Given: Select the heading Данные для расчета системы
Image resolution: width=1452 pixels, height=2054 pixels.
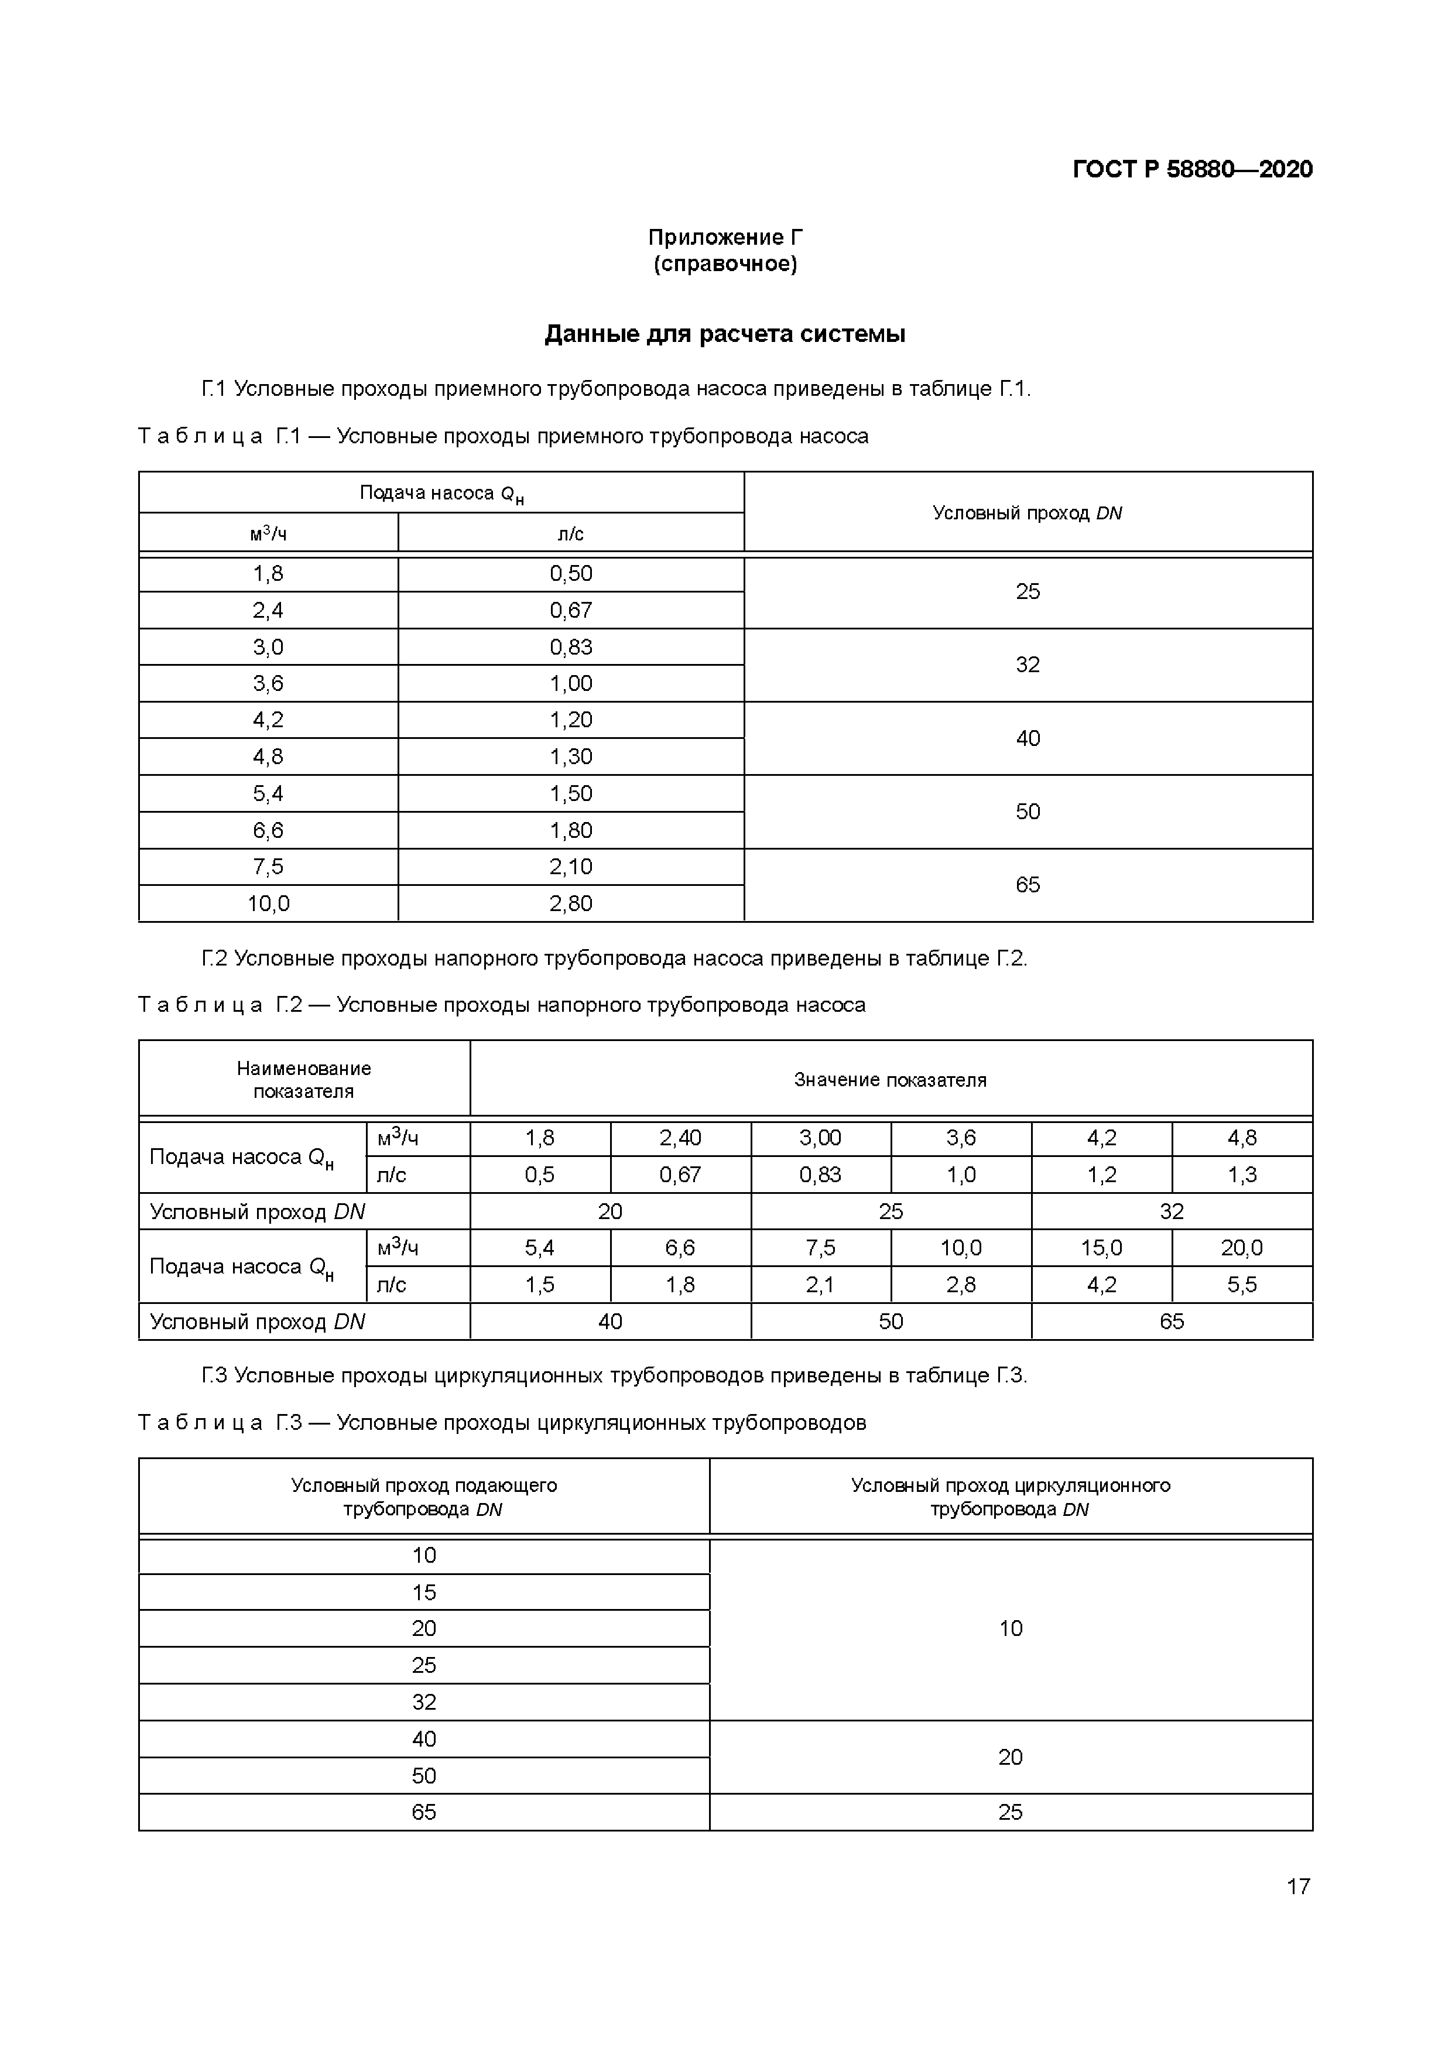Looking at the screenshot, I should [725, 334].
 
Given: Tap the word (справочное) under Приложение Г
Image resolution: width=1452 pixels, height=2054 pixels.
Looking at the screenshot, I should [725, 264].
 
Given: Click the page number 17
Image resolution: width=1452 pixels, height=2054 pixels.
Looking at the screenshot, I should [1297, 1887].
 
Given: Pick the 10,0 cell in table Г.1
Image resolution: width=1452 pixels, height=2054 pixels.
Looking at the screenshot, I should [268, 903].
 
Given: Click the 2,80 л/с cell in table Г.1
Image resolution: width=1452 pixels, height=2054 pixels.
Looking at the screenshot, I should [571, 903].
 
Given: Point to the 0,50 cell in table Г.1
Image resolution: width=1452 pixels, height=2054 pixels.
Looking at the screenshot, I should [571, 573].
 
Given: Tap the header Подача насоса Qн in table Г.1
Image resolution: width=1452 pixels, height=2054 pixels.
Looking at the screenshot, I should [441, 493].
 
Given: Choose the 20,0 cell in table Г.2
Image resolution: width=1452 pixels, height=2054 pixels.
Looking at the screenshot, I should [1242, 1248].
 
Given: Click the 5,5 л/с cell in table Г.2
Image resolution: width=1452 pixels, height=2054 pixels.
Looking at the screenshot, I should [1242, 1285].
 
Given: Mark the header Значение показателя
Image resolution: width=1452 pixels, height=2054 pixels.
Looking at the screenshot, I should [890, 1080].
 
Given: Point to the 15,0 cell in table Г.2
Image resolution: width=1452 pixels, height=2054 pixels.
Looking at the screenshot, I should [1101, 1248].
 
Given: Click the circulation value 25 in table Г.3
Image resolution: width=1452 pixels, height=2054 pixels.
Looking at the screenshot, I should [1010, 1812].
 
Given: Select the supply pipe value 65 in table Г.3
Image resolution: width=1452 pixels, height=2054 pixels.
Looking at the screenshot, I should [424, 1812].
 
